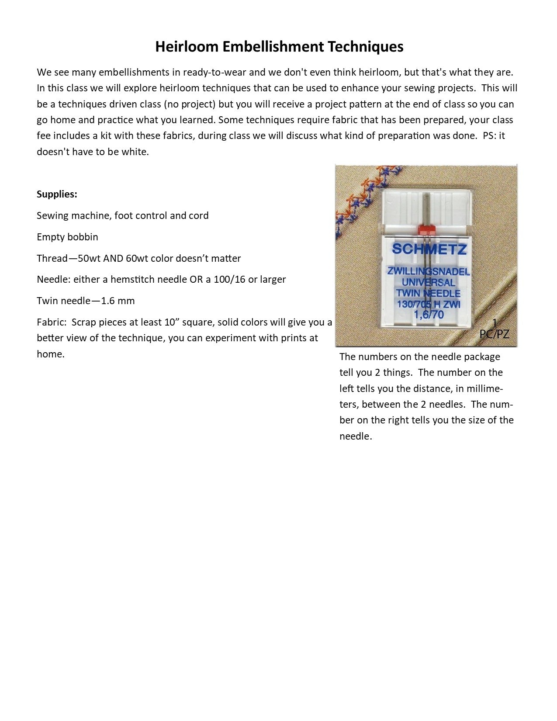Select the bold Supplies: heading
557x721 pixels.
tap(57, 194)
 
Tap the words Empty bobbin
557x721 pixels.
tap(67, 237)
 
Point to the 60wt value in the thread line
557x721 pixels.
tap(137, 258)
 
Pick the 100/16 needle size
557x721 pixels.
tap(229, 279)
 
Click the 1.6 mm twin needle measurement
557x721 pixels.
tap(118, 301)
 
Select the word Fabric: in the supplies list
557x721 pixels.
tap(52, 322)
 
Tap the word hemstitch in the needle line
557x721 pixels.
tap(133, 279)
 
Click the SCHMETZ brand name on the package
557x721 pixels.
tap(429, 249)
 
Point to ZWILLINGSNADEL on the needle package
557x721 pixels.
tap(429, 271)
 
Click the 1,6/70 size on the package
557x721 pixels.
tap(429, 315)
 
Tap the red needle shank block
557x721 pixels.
tap(427, 230)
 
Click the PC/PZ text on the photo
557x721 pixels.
tap(494, 334)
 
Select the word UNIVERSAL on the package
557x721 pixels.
tap(429, 282)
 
